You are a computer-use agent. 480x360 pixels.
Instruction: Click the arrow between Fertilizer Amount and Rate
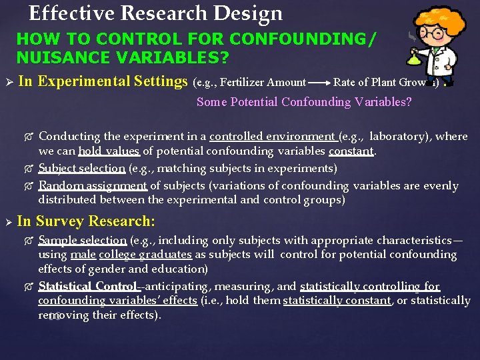click(319, 83)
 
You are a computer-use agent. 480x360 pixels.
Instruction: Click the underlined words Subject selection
click(81, 169)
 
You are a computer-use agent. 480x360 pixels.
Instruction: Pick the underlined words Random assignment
click(93, 186)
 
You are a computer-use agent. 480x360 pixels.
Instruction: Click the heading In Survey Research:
click(86, 221)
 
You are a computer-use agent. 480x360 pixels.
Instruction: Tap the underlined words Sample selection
click(82, 240)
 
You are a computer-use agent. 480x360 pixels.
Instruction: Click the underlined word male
click(83, 255)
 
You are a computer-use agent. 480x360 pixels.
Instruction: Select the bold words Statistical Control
click(87, 287)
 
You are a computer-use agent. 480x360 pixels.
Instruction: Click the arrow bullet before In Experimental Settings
click(8, 83)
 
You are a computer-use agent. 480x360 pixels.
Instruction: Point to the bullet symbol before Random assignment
click(29, 186)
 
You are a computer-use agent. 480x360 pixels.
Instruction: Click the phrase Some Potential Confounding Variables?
click(304, 102)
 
